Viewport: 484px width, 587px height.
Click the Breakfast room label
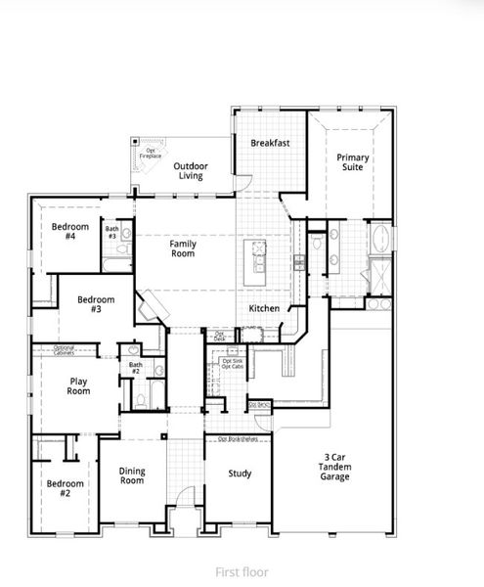pos(269,143)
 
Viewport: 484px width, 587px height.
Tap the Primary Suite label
pos(352,162)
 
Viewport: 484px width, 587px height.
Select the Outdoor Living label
pos(192,171)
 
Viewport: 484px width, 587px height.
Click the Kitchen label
pos(264,309)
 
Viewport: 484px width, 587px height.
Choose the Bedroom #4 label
pos(70,232)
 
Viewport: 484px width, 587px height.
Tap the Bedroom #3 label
pos(96,304)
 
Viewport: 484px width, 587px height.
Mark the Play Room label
pos(79,385)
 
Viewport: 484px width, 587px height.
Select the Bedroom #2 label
pos(66,488)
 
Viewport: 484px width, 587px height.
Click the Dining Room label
pos(132,476)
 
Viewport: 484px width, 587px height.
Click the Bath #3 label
pos(112,233)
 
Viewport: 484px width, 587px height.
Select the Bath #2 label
pos(135,369)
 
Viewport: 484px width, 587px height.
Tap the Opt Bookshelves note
pos(238,438)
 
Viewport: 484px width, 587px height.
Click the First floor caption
pos(241,569)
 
